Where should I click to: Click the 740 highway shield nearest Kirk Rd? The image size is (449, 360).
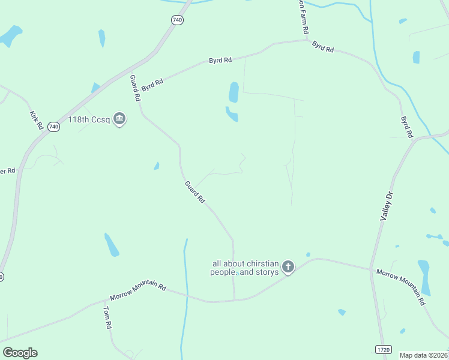point(53,127)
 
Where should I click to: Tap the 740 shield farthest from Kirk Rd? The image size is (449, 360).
point(176,20)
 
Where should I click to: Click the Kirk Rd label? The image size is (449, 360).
point(35,120)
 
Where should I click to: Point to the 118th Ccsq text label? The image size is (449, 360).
point(89,119)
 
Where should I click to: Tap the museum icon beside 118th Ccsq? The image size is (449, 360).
point(119,119)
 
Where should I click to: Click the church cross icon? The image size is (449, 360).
point(289,267)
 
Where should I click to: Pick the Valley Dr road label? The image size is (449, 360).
point(387,206)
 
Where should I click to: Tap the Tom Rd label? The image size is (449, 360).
point(107,317)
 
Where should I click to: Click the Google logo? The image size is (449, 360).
point(20,353)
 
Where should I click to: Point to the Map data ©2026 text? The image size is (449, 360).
point(424,355)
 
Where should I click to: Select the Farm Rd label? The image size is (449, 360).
point(304,22)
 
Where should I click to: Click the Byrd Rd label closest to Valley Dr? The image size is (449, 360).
point(408,126)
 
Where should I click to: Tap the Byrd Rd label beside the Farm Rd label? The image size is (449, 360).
point(323,46)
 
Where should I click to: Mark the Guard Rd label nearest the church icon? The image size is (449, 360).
point(195,191)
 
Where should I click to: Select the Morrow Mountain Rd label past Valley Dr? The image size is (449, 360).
point(400,287)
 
